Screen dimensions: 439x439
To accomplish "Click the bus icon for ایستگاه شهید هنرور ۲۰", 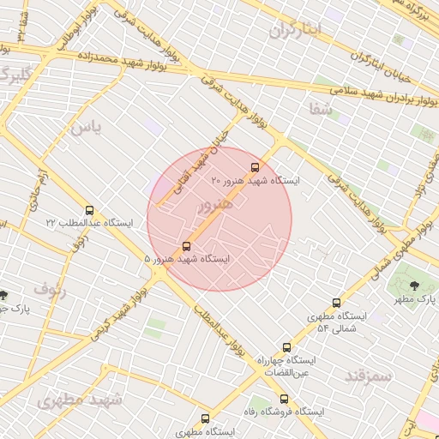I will point(254,167).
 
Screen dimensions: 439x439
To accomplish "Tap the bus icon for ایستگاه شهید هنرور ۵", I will point(186,245).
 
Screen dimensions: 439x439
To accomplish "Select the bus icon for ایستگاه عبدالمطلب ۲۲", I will point(90,210).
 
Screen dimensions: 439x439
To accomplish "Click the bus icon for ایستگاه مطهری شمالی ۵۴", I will point(336,303).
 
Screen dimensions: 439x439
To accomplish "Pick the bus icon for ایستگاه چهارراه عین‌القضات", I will point(286,348).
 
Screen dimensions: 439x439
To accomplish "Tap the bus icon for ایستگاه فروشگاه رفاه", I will point(284,399).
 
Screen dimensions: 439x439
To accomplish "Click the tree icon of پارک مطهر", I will point(414,286).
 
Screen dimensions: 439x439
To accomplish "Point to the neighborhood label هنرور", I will point(214,206).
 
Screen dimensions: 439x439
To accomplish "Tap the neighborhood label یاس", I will point(86,129).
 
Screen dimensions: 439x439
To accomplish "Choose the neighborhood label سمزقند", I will point(368,375).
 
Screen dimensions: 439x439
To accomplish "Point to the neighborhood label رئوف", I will point(51,289).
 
